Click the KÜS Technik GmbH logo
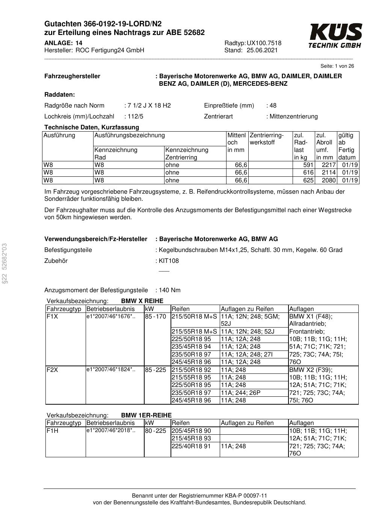coord(335,36)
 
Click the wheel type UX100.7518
coord(264,43)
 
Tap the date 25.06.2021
coord(262,50)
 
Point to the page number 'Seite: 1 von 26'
coord(337,66)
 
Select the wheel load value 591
coord(308,165)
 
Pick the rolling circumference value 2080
coord(329,181)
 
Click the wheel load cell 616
coord(308,173)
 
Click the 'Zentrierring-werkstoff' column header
coord(267,139)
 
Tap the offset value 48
coord(273,106)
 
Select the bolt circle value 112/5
coord(135,117)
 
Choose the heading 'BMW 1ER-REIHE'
coord(146,415)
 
